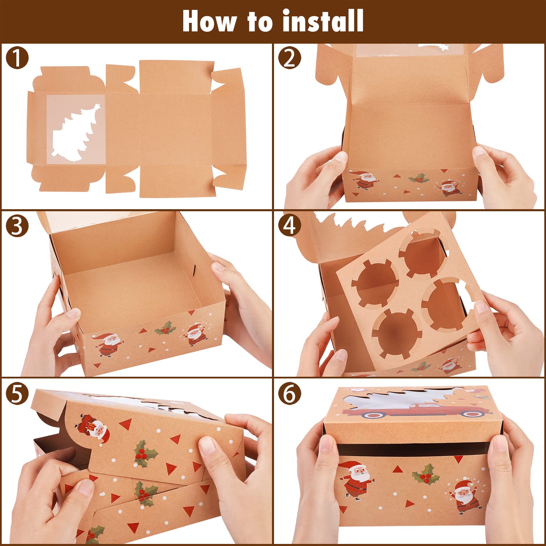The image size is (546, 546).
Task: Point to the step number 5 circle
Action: pos(17,393)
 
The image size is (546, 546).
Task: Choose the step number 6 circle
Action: pos(290,393)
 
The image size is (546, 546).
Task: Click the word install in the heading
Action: pos(323,21)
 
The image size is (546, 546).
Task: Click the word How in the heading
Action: pos(209,21)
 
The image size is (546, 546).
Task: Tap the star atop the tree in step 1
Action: pos(97,106)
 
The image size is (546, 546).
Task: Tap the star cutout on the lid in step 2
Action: pos(443,47)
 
